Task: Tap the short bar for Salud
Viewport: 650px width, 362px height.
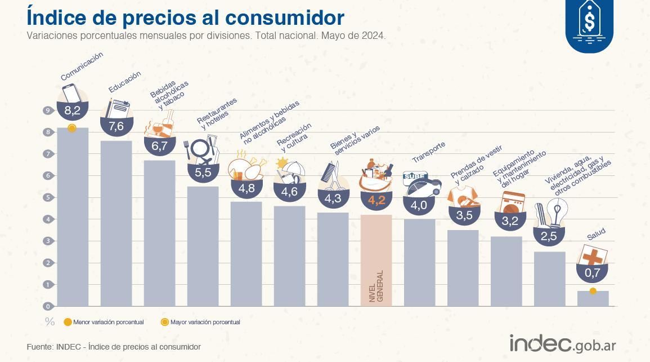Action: tap(593, 299)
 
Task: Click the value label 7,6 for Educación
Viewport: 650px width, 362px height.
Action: tap(116, 126)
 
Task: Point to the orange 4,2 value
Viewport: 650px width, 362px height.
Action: tap(376, 200)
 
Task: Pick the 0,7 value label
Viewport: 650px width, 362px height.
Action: tap(593, 273)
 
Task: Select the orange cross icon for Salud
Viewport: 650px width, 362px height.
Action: tap(592, 258)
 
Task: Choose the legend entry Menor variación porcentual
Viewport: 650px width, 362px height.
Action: tap(104, 322)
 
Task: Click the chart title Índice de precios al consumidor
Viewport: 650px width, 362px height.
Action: tap(185, 17)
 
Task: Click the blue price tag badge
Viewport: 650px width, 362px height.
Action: tap(589, 25)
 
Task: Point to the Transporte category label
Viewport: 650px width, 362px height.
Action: tap(428, 152)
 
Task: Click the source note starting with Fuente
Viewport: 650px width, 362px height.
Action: tap(113, 347)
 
